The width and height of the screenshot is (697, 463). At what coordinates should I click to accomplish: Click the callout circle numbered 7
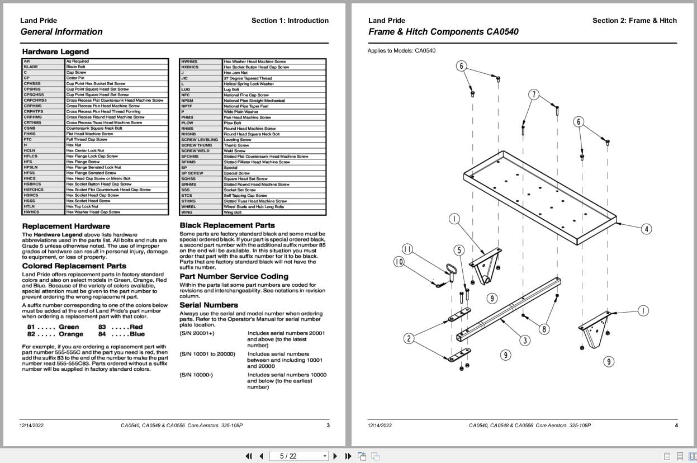pyautogui.click(x=534, y=95)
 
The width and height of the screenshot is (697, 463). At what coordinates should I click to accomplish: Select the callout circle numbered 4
pyautogui.click(x=646, y=229)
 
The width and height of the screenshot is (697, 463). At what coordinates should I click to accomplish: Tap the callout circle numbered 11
pyautogui.click(x=407, y=249)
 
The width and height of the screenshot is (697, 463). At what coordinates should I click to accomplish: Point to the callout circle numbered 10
pyautogui.click(x=399, y=261)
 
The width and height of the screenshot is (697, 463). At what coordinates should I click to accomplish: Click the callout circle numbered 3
pyautogui.click(x=525, y=340)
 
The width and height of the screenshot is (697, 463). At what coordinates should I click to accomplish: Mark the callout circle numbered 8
pyautogui.click(x=544, y=329)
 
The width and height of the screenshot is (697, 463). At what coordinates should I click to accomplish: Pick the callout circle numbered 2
pyautogui.click(x=409, y=338)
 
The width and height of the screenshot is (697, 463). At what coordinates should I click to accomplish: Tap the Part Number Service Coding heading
pyautogui.click(x=234, y=276)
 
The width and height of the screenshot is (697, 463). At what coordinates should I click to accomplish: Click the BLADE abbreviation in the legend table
pyautogui.click(x=31, y=67)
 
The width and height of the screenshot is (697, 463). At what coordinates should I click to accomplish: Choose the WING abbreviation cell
pyautogui.click(x=187, y=212)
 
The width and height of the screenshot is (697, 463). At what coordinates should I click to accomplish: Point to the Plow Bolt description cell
pyautogui.click(x=232, y=123)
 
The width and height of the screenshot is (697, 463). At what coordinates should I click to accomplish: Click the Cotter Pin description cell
pyautogui.click(x=75, y=78)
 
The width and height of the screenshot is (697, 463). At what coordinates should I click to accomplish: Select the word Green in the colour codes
pyautogui.click(x=69, y=327)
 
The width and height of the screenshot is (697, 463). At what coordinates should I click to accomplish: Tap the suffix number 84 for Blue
pyautogui.click(x=102, y=334)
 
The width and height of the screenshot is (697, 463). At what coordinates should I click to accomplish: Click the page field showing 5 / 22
pyautogui.click(x=299, y=456)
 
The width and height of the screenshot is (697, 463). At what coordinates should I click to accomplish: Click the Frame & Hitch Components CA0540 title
pyautogui.click(x=443, y=32)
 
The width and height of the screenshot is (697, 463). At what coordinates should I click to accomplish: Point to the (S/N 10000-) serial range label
pyautogui.click(x=196, y=375)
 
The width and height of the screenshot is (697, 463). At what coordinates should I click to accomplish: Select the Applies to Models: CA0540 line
pyautogui.click(x=401, y=51)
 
